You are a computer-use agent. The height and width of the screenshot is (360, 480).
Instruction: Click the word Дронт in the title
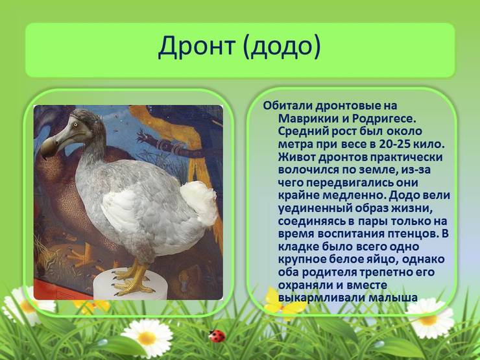[x=197, y=47]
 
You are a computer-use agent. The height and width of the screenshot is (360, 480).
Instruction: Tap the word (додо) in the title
[x=282, y=47]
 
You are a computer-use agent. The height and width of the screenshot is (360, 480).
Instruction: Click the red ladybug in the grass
[x=217, y=336]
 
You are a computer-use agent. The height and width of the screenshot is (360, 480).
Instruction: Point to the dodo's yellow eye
[x=75, y=125]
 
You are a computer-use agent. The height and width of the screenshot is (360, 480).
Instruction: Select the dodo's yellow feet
[x=132, y=280]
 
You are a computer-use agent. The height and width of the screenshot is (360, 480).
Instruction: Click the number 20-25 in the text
[x=394, y=144]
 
